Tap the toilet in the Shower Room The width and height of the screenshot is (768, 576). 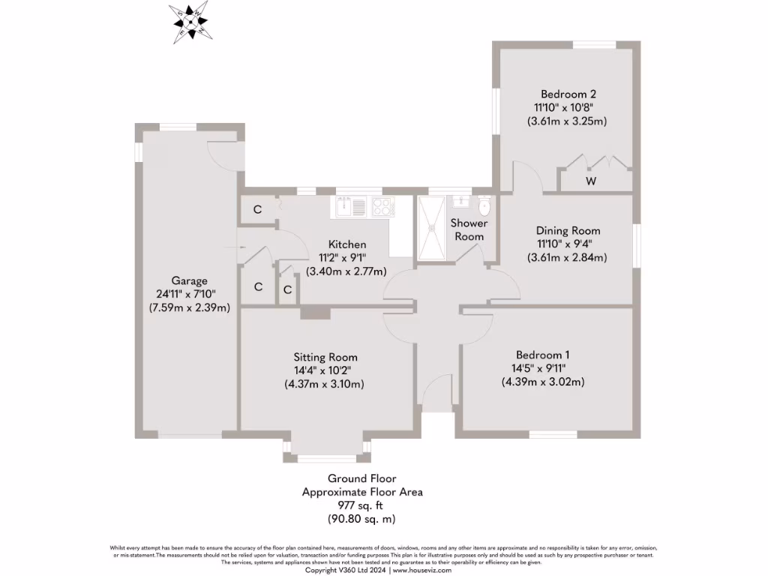tap(484, 205)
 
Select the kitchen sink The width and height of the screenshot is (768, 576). tap(345, 205)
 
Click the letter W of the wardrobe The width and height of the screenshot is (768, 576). tap(591, 181)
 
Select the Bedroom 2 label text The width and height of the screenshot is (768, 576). tap(568, 94)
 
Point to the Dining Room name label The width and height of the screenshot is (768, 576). tap(568, 231)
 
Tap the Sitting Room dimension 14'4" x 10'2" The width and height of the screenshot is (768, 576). tap(325, 370)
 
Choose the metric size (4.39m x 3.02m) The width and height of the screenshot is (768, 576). tap(543, 382)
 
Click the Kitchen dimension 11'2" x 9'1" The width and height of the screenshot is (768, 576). tap(347, 258)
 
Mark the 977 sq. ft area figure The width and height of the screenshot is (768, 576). tap(361, 505)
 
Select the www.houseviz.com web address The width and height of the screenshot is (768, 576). tap(422, 570)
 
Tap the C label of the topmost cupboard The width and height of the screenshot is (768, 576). tap(257, 209)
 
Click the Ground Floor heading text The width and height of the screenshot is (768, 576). tap(361, 478)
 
